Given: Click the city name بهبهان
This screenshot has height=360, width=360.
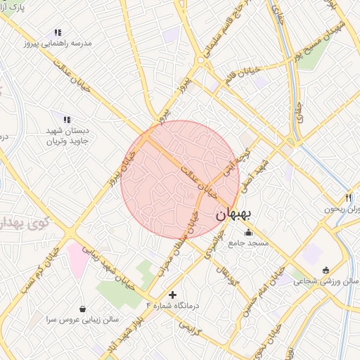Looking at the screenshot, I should tap(234, 215).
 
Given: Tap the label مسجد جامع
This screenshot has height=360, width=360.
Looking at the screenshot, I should tap(247, 243).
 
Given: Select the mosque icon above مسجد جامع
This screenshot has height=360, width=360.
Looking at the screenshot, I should tap(247, 233).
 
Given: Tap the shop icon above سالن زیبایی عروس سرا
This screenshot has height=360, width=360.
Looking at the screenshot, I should tap(84, 309).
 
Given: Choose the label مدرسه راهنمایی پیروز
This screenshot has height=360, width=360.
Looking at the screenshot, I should tap(58, 42).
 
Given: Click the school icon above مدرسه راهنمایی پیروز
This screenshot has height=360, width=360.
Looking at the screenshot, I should tap(58, 32).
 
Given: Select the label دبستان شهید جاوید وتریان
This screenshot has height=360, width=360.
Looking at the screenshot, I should tap(67, 135).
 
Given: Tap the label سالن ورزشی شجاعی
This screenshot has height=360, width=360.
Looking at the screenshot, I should tap(326, 281).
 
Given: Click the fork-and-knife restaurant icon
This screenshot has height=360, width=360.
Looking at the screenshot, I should tap(347, 198).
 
